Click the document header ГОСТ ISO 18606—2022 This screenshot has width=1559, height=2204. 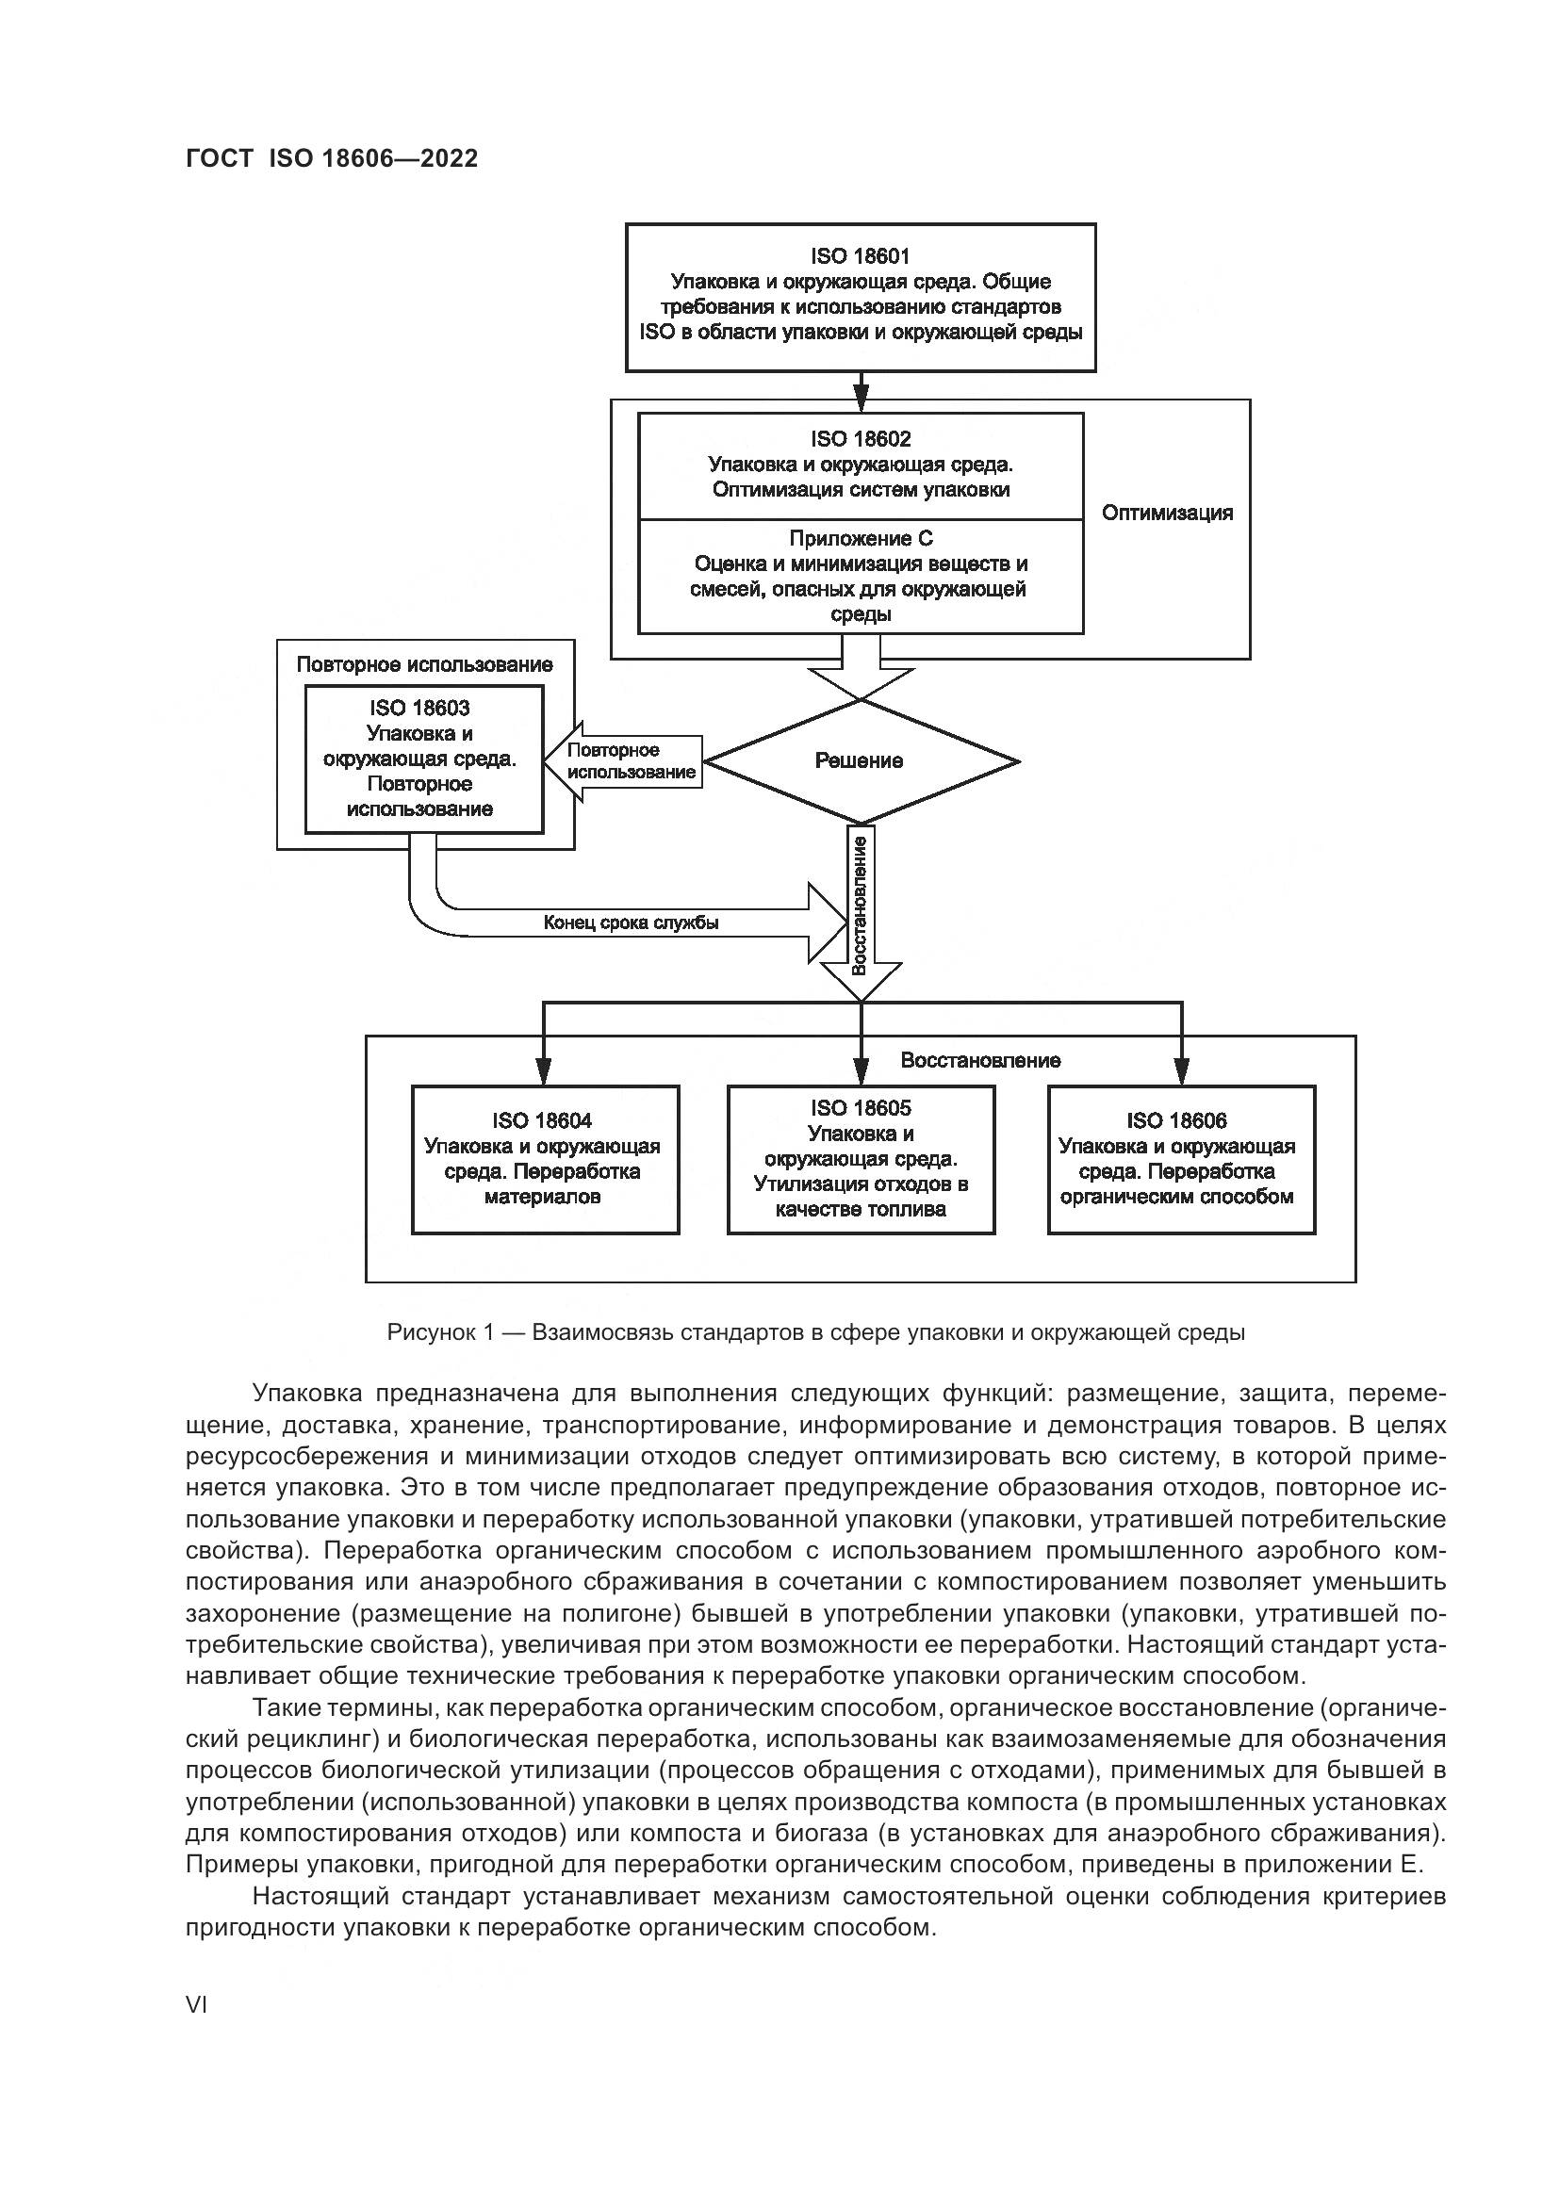pyautogui.click(x=331, y=158)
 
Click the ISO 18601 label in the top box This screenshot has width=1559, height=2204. pyautogui.click(x=860, y=256)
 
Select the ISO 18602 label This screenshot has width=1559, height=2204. pyautogui.click(x=860, y=439)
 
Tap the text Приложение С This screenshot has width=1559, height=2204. pyautogui.click(x=861, y=539)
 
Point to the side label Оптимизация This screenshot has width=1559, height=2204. pyautogui.click(x=1166, y=513)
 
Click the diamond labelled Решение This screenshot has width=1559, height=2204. pyautogui.click(x=860, y=761)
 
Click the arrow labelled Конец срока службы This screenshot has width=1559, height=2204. pyautogui.click(x=631, y=923)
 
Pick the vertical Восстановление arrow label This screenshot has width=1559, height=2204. pyautogui.click(x=860, y=905)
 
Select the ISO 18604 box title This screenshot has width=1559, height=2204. pyautogui.click(x=542, y=1120)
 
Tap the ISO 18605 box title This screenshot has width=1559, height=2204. pyautogui.click(x=861, y=1108)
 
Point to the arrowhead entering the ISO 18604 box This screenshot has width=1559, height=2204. pyautogui.click(x=543, y=1070)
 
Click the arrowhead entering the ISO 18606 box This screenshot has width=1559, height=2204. pyautogui.click(x=1182, y=1070)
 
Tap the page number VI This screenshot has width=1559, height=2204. pyautogui.click(x=196, y=2006)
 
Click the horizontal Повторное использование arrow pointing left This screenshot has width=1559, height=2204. pyautogui.click(x=629, y=761)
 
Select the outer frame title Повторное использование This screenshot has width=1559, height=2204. pyautogui.click(x=424, y=664)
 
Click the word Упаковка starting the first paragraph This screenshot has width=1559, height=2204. pyautogui.click(x=306, y=1394)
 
